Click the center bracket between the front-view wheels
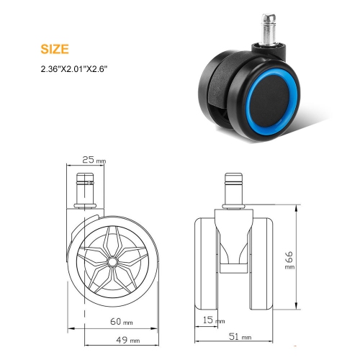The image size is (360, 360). pos(235,245)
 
